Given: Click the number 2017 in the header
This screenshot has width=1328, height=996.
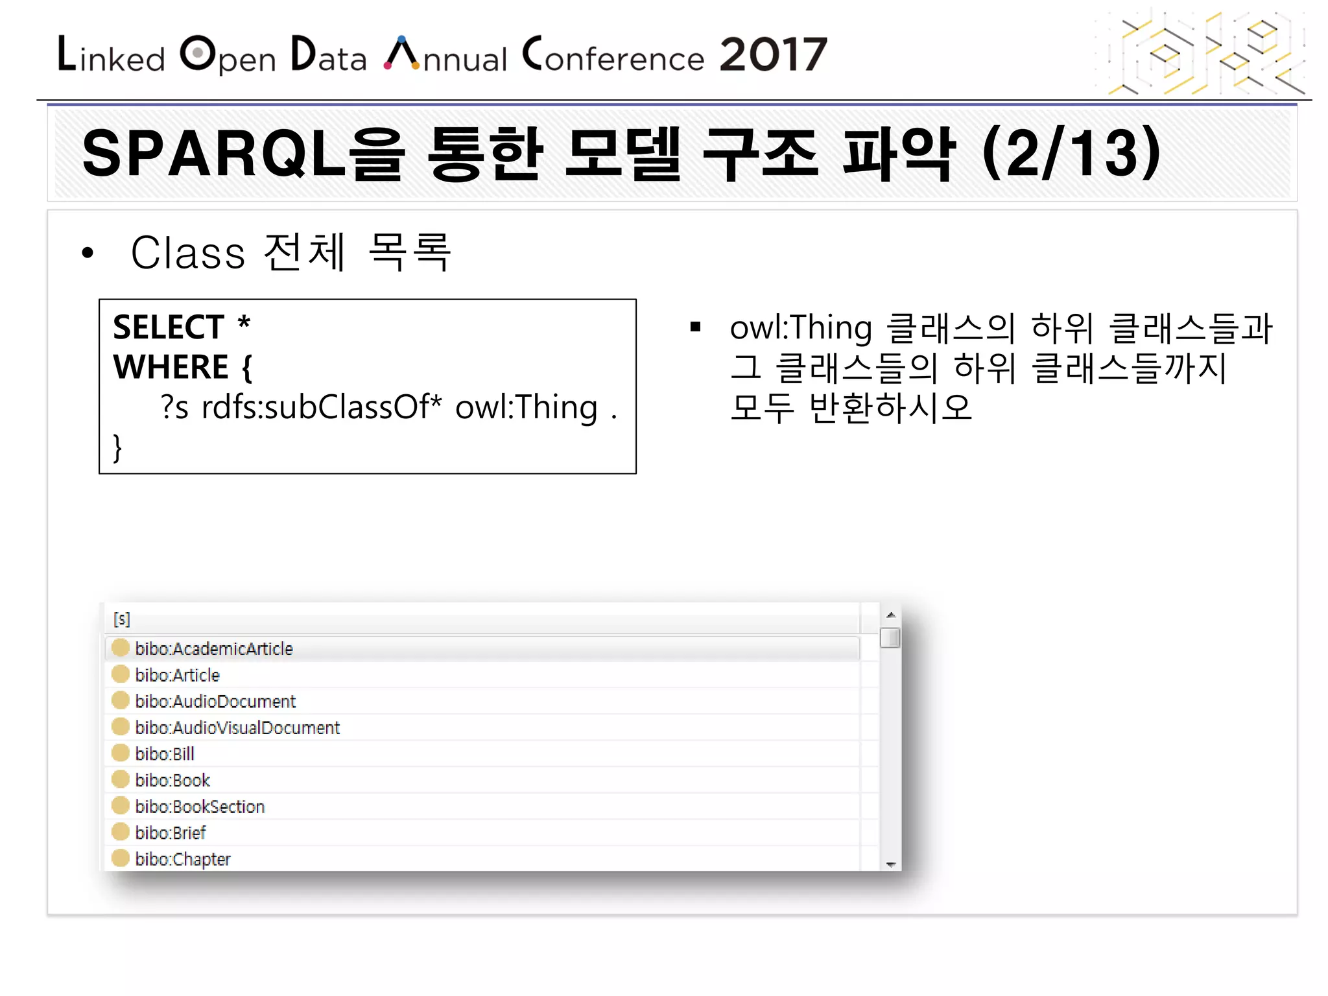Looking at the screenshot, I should pos(773,54).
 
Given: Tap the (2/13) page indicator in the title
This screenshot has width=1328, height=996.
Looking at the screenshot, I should pos(1071,154).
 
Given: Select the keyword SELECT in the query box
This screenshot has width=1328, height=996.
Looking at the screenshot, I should pos(169,327).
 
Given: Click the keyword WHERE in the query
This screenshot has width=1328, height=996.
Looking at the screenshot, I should pos(171,367).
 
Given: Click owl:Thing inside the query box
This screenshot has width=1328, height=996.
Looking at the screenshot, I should pos(526,407).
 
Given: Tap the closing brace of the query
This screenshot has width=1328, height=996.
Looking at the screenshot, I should pos(117,447).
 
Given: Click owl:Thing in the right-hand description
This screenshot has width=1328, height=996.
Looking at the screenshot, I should pos(800,327).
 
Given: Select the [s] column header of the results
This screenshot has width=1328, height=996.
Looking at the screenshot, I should pos(122,619).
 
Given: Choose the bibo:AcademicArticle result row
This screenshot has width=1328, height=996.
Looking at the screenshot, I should pos(214,648).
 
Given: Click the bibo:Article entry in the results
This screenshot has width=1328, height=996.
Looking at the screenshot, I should pos(177,675).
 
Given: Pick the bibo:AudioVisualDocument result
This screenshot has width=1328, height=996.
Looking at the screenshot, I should pos(237,728).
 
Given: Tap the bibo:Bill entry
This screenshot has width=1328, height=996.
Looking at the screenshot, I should pos(165,754).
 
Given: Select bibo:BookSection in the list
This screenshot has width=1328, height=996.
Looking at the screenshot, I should pos(200,807).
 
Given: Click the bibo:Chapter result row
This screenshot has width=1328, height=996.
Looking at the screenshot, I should pos(183,859).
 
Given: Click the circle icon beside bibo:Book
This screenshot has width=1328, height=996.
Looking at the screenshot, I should pos(121,779).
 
